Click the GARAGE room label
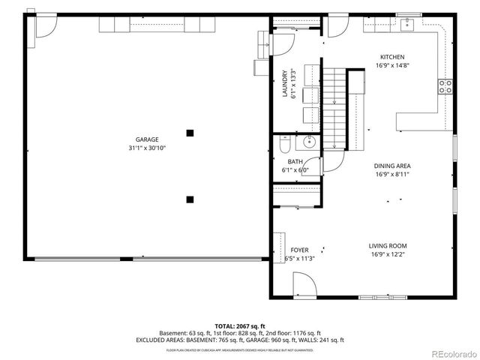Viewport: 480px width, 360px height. click(146, 139)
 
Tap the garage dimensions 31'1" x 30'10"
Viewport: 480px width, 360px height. click(146, 148)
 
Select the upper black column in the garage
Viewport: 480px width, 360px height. click(190, 133)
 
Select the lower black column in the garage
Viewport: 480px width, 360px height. click(190, 199)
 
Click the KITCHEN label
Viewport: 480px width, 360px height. click(391, 57)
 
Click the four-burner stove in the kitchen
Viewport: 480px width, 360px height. click(445, 85)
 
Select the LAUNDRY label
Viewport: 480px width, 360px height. click(285, 83)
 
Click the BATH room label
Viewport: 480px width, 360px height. click(295, 161)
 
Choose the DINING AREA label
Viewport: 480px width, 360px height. click(392, 166)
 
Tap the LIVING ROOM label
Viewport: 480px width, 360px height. click(387, 246)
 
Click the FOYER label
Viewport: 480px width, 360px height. click(299, 250)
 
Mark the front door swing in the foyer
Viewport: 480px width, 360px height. click(302, 284)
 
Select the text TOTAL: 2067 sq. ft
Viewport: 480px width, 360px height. click(240, 326)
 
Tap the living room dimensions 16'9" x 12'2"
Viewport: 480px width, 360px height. click(387, 254)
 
